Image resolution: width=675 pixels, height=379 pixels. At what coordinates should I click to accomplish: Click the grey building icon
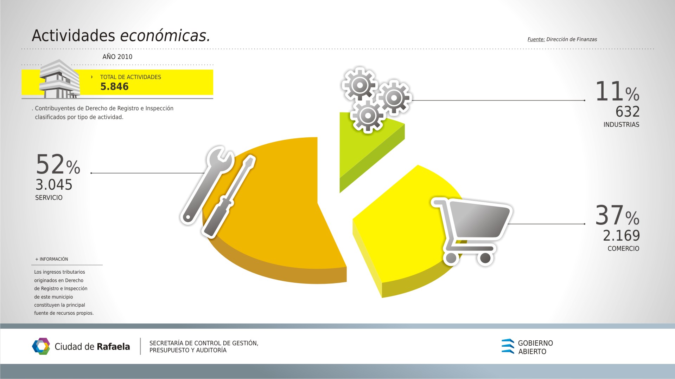(59, 79)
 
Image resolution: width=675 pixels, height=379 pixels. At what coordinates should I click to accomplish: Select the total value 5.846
(114, 87)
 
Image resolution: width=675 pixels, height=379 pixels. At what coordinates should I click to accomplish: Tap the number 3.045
(54, 185)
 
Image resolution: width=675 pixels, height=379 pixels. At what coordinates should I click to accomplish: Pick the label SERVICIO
(49, 198)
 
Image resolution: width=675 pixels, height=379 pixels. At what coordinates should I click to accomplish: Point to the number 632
(628, 112)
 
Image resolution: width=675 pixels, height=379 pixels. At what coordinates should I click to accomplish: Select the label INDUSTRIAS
(621, 125)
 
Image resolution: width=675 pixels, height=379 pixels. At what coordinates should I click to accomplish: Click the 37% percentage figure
(617, 215)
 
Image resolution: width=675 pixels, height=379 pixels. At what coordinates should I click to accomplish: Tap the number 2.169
(621, 236)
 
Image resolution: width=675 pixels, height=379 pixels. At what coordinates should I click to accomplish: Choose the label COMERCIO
(623, 249)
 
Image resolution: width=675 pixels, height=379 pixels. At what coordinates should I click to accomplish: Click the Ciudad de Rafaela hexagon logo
(41, 346)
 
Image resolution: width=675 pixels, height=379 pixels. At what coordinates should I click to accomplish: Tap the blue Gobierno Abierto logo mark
(508, 346)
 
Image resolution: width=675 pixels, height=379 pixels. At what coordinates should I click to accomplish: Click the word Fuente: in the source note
(536, 39)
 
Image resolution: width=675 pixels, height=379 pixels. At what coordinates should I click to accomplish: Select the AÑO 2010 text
(117, 57)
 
